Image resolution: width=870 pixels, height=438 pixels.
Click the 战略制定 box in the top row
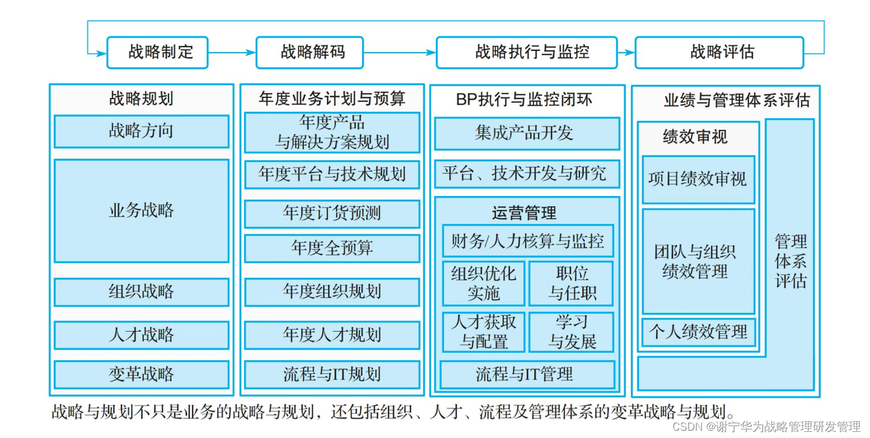158,53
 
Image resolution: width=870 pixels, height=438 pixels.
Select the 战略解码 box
309,53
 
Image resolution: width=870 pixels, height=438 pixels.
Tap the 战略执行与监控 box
527,53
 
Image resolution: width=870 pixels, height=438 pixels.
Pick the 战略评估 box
719,53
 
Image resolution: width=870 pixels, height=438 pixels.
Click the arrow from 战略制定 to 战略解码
232,53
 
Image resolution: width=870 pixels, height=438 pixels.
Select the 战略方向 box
141,131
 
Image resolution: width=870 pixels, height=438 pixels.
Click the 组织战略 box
141,292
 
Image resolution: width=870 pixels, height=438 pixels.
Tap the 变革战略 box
141,374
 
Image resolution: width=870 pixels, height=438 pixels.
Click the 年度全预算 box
332,249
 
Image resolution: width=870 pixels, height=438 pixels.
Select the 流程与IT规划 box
332,374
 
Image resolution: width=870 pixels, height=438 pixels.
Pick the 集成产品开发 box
527,134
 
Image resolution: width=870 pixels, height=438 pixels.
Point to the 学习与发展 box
572,332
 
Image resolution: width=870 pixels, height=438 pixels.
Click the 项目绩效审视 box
698,180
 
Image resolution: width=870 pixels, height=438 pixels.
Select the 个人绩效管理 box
698,332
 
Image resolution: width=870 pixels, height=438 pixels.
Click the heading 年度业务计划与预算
332,99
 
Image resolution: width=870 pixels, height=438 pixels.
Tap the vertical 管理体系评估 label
790,261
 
